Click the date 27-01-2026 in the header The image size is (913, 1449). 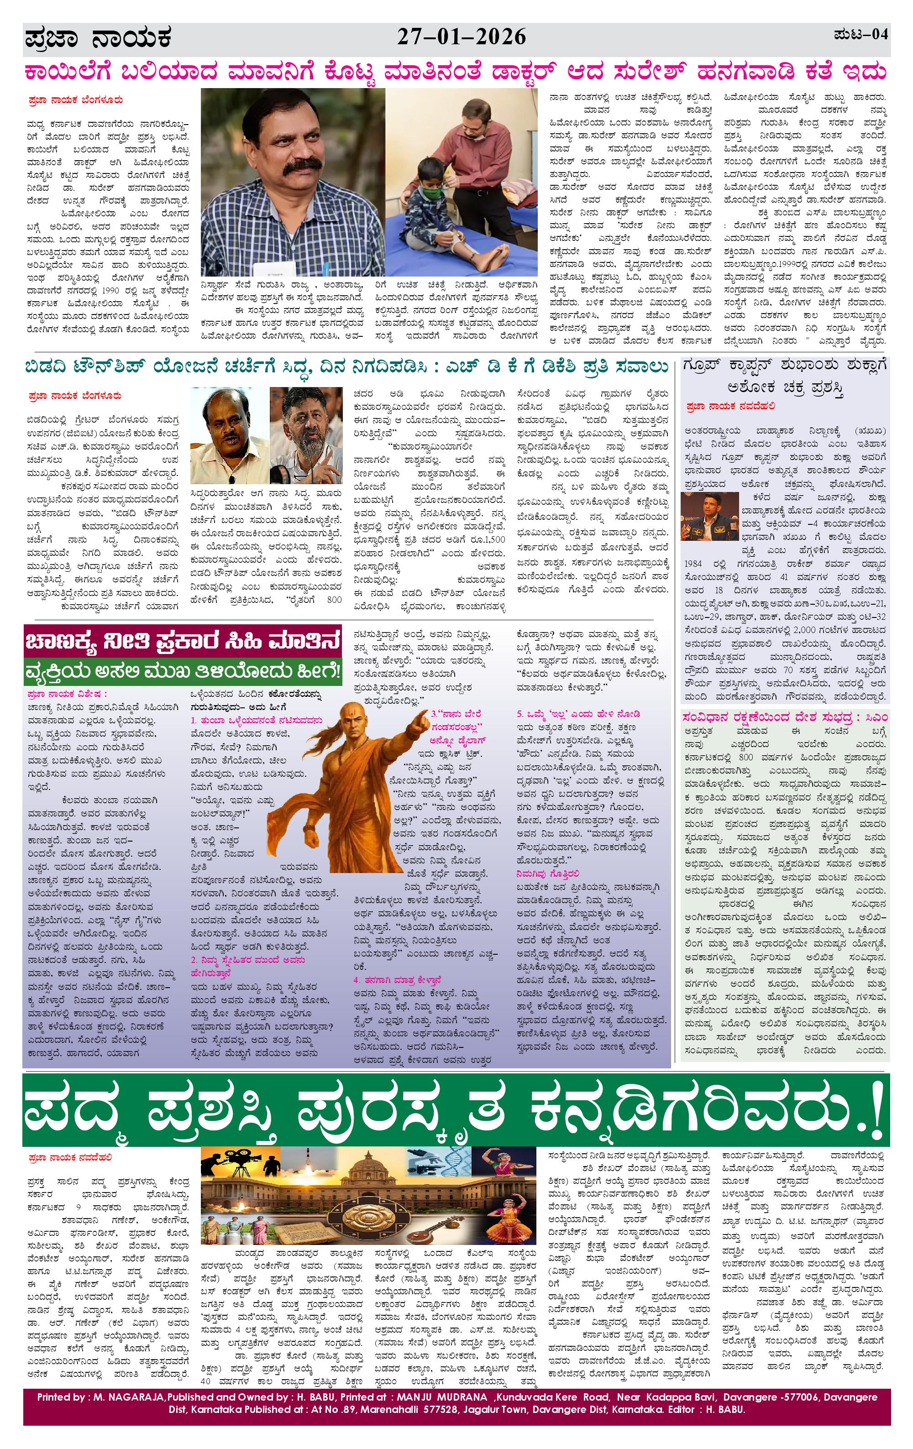click(461, 37)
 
